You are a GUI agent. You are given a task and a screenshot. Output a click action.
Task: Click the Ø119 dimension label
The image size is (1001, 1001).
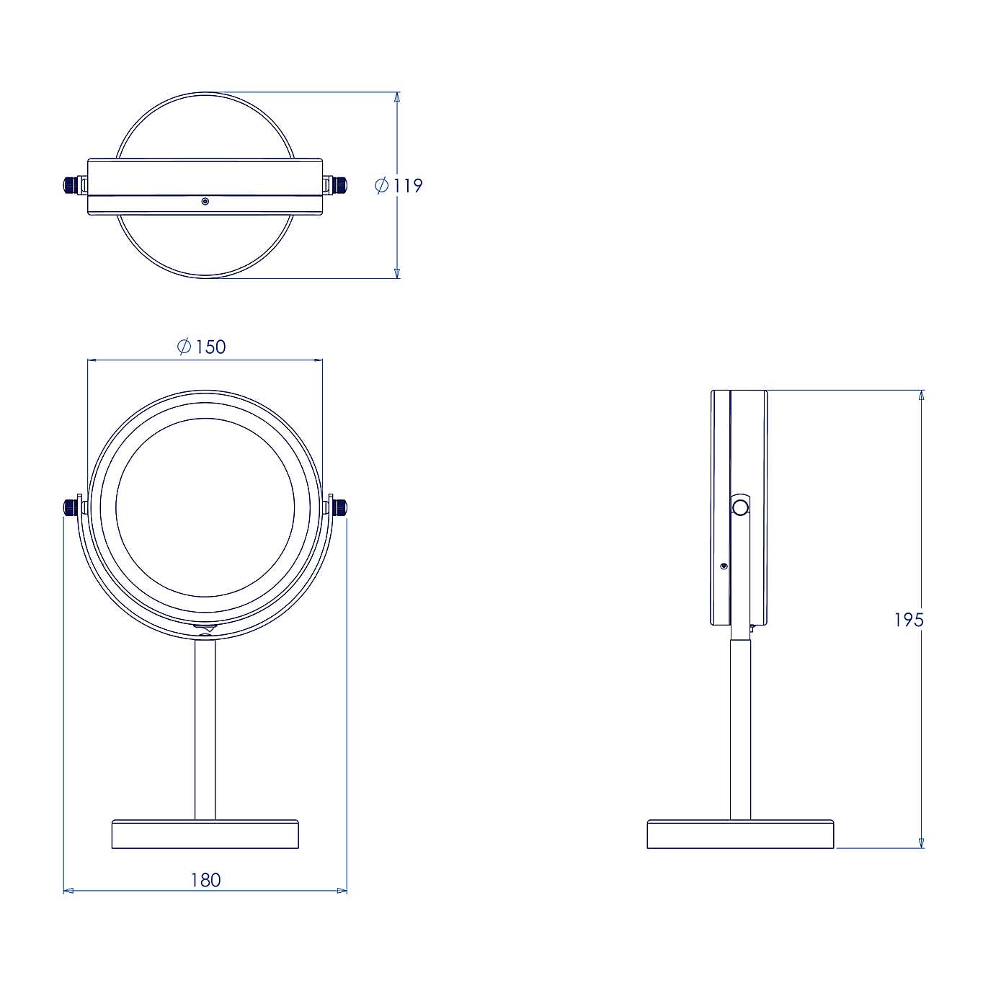(399, 186)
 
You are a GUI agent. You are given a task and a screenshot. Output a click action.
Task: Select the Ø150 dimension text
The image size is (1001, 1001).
(202, 347)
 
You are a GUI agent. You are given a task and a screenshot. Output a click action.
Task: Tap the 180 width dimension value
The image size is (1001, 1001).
(205, 880)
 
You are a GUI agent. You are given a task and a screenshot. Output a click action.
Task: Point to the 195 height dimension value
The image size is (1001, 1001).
(908, 620)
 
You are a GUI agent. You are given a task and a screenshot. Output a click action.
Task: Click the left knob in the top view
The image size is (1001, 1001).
(71, 185)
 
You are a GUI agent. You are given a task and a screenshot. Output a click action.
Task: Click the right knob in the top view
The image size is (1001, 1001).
(339, 185)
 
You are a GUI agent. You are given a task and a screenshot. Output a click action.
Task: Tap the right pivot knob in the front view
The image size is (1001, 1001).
(339, 507)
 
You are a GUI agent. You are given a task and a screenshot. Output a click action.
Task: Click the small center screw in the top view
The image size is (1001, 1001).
(205, 202)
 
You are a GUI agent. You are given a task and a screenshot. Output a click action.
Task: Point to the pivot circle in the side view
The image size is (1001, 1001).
(740, 507)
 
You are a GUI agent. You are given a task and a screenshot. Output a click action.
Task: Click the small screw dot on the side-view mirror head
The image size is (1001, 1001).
(724, 566)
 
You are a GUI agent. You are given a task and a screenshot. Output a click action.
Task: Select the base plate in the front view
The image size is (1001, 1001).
(205, 834)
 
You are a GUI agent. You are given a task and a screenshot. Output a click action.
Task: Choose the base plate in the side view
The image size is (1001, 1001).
(740, 834)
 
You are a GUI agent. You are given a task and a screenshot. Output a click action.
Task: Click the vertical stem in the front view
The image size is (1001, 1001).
(205, 728)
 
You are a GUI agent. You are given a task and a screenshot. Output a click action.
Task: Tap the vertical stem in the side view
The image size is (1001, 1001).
(740, 728)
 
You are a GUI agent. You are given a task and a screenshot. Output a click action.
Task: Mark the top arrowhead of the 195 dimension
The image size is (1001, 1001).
(921, 396)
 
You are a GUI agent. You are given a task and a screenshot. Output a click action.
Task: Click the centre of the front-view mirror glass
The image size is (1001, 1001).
(205, 507)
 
